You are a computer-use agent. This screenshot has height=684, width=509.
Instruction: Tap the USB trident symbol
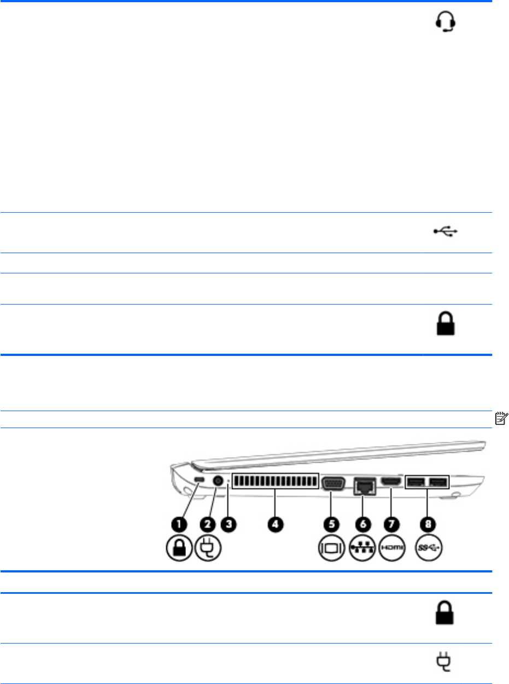coord(446,232)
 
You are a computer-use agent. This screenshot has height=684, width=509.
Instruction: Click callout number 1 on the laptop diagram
coord(179,524)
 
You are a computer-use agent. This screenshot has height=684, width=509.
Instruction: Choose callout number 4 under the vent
coord(274,524)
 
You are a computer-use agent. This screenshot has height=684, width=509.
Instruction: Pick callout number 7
coord(391,524)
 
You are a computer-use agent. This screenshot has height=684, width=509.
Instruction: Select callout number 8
coord(429,524)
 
